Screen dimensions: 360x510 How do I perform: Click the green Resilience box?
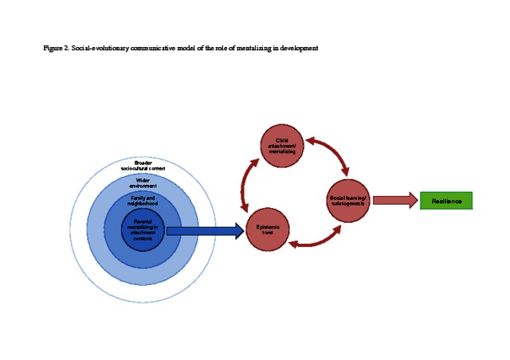tap(446, 201)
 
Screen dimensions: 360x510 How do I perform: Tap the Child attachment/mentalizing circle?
tap(281, 146)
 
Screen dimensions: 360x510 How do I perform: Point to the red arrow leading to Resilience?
tap(394, 201)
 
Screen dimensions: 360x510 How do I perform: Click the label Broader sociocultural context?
tap(143, 166)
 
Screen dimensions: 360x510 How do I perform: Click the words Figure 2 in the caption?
tap(57, 49)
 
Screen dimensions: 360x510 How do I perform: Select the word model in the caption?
tap(190, 49)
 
